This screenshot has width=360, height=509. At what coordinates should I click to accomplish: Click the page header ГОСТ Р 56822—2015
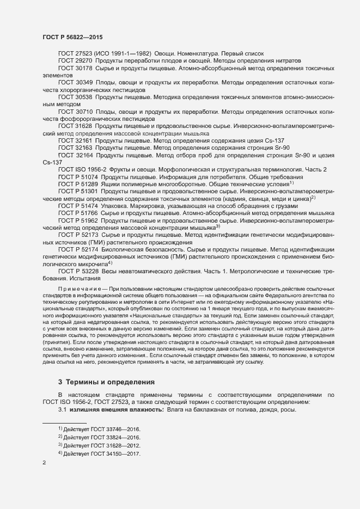72,36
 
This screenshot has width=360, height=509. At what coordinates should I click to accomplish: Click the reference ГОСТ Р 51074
78,177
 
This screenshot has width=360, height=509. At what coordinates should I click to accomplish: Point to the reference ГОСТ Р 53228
78,271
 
